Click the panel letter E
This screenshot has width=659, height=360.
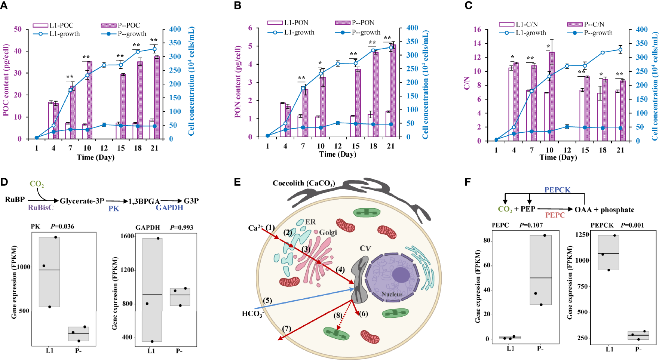(x=237, y=182)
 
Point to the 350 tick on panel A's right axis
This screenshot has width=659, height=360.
(x=175, y=43)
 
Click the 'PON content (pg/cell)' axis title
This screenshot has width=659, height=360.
(x=237, y=81)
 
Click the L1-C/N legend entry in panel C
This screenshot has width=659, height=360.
(x=518, y=24)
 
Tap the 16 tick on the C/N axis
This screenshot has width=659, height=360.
(x=477, y=30)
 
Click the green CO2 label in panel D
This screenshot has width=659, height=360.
(x=37, y=184)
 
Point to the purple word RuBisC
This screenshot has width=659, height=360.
(x=40, y=207)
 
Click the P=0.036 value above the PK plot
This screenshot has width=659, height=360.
(x=62, y=227)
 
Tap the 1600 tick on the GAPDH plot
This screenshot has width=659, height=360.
(x=127, y=236)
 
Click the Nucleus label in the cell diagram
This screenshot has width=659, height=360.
(x=392, y=294)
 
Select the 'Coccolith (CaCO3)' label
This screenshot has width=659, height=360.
(x=303, y=183)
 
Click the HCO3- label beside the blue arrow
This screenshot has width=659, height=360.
(x=252, y=314)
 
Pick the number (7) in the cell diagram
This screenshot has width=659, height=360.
(x=286, y=329)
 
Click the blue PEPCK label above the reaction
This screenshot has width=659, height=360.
(x=557, y=190)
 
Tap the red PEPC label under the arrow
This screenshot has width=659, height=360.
(x=555, y=215)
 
